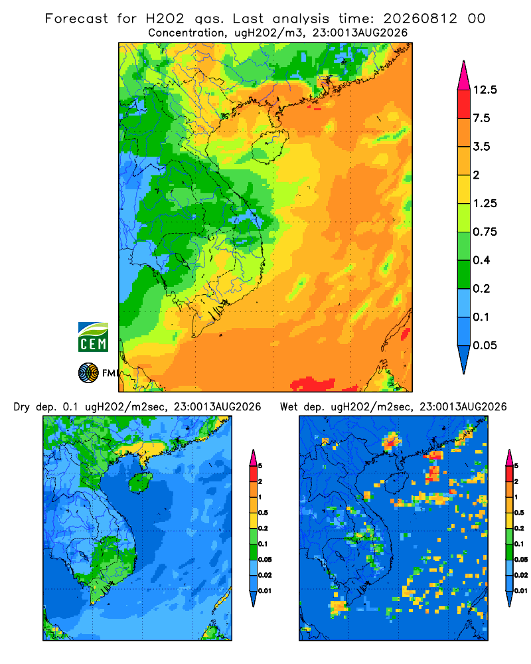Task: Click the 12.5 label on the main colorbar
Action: [485, 90]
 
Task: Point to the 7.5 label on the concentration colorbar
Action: [481, 118]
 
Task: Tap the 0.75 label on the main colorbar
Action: [485, 232]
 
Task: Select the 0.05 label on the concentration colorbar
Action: [485, 345]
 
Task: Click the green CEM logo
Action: [93, 337]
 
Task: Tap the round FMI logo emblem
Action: [88, 373]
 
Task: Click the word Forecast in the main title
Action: [76, 19]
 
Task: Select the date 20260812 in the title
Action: [420, 19]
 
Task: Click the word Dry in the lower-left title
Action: [22, 408]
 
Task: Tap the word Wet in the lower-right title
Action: [289, 407]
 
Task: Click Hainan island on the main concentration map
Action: [269, 147]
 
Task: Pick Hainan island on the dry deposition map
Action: [140, 482]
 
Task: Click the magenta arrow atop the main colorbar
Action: [464, 76]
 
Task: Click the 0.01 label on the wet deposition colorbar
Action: [521, 591]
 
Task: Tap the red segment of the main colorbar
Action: [464, 104]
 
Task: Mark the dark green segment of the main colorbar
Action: [464, 274]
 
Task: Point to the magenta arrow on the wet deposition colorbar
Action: [509, 457]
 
